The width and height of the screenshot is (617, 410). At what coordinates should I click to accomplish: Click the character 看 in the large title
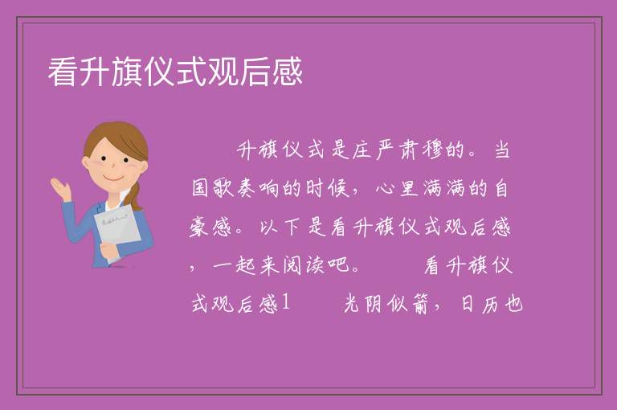(63, 72)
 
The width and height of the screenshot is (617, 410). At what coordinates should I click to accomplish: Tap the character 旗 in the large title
(127, 72)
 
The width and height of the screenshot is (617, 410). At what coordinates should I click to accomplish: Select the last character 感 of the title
(288, 72)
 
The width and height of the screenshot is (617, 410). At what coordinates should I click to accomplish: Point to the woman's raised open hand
(61, 189)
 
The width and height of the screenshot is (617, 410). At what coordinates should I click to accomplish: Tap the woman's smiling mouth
(113, 178)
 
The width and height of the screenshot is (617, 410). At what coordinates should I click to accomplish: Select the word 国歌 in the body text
(213, 188)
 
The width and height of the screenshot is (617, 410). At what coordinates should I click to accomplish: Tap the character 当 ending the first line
(501, 150)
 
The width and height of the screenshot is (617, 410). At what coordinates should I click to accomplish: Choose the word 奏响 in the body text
(258, 188)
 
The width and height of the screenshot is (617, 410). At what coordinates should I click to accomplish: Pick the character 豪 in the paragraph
(198, 228)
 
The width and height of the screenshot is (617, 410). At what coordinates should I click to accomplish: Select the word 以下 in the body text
(280, 228)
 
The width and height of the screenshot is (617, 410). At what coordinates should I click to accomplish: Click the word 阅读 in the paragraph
(304, 266)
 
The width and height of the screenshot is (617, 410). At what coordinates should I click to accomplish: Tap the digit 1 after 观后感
(286, 304)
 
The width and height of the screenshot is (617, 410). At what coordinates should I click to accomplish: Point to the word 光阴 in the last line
(363, 304)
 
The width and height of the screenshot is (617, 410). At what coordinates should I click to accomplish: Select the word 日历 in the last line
(480, 304)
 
